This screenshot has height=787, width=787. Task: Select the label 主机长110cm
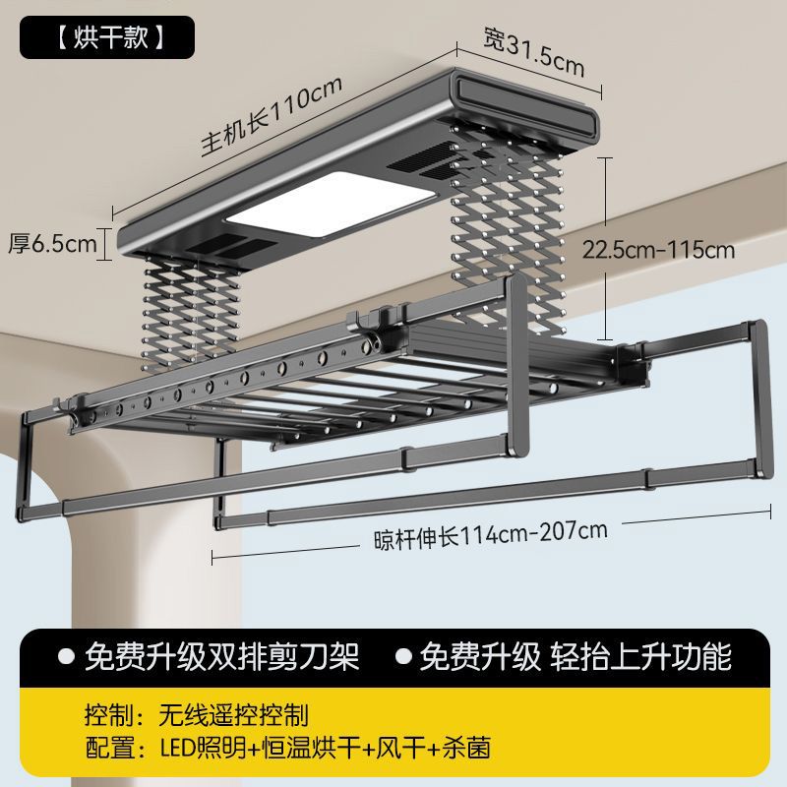pyautogui.click(x=272, y=115)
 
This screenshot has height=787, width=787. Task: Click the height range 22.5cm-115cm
pyautogui.click(x=658, y=249)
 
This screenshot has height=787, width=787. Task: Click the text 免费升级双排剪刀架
pyautogui.click(x=222, y=656)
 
